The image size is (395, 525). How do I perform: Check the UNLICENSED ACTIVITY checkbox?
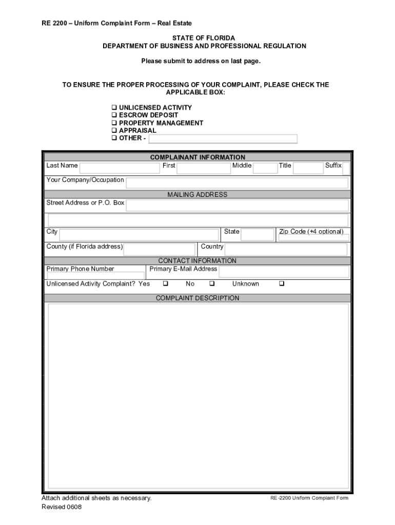click(x=114, y=108)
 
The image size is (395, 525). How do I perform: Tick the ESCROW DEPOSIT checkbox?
click(x=114, y=115)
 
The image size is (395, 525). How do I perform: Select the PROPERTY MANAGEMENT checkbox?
click(x=114, y=123)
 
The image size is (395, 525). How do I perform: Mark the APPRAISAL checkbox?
click(x=114, y=131)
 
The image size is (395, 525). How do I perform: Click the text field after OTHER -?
click(x=223, y=139)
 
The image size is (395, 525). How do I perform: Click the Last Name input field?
click(x=120, y=168)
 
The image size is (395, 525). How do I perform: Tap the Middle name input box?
click(x=265, y=168)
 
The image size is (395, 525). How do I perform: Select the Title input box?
click(x=308, y=168)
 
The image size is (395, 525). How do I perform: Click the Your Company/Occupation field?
click(x=237, y=183)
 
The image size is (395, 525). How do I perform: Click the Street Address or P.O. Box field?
click(x=237, y=206)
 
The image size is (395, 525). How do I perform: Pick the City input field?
click(x=139, y=235)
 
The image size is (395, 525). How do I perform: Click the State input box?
click(x=258, y=235)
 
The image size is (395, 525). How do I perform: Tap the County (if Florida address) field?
click(x=159, y=249)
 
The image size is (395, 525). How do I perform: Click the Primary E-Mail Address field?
click(x=284, y=272)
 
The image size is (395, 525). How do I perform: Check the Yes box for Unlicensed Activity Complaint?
click(x=166, y=284)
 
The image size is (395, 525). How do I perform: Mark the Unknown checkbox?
click(x=281, y=284)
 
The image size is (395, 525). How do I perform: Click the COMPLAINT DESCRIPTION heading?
click(x=197, y=298)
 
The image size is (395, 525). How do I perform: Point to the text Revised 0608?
click(x=62, y=507)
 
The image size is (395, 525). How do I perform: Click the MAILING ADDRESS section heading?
click(x=197, y=195)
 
